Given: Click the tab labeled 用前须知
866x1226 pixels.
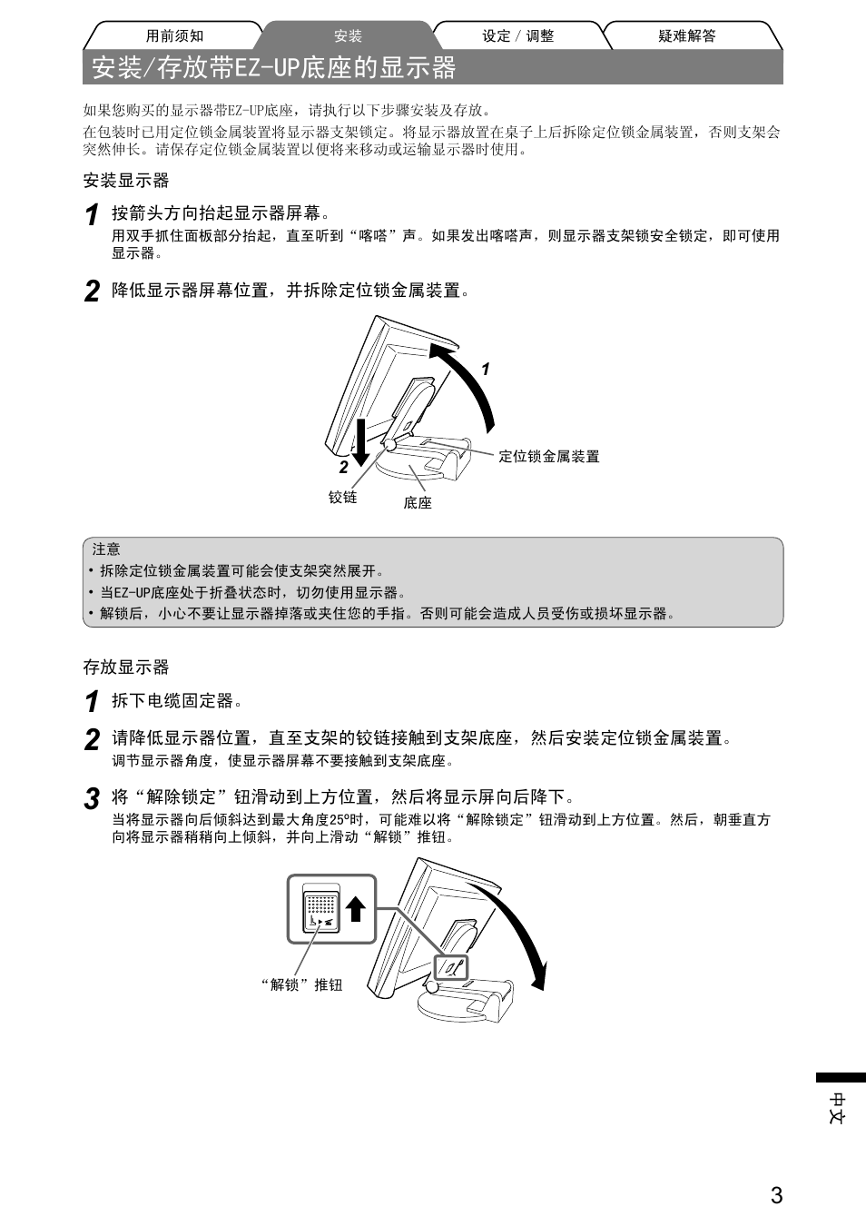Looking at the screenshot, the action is pyautogui.click(x=174, y=36).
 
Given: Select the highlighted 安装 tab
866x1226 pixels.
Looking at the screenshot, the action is pyautogui.click(x=348, y=36).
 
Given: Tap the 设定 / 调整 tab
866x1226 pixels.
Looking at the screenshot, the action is pyautogui.click(x=517, y=36).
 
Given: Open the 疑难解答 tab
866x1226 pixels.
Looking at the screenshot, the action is pyautogui.click(x=686, y=36).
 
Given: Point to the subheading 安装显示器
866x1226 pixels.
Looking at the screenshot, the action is pyautogui.click(x=126, y=181).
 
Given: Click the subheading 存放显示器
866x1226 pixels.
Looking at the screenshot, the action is pyautogui.click(x=126, y=667).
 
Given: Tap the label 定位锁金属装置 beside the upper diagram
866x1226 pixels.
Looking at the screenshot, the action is pyautogui.click(x=549, y=457).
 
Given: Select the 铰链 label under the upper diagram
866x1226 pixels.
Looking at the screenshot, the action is pyautogui.click(x=342, y=497).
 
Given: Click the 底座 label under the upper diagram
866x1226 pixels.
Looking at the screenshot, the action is pyautogui.click(x=418, y=502).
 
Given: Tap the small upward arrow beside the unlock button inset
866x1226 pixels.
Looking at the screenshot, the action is pyautogui.click(x=355, y=908).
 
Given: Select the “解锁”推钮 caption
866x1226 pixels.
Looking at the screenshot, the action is pyautogui.click(x=302, y=984).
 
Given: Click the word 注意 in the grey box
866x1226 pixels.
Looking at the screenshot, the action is pyautogui.click(x=106, y=549).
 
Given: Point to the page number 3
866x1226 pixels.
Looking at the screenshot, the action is pyautogui.click(x=776, y=1195).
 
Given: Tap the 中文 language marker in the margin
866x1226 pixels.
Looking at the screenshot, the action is pyautogui.click(x=839, y=1108).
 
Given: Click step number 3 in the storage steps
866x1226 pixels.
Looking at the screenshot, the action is pyautogui.click(x=92, y=799).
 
